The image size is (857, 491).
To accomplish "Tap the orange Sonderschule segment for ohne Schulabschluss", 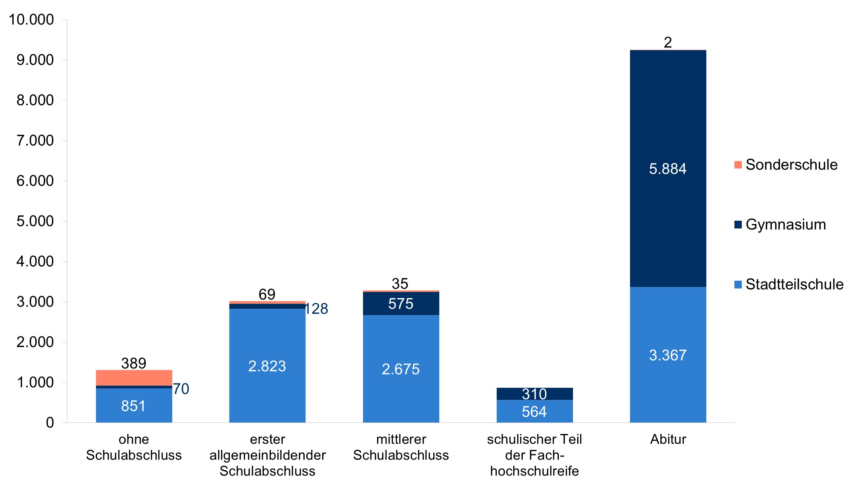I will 134,377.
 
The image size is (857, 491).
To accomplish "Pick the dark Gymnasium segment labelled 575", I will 401,304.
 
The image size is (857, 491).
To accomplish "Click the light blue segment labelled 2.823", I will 267,366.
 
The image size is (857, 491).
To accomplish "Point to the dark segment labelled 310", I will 534,394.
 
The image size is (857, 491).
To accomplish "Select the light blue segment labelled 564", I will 534,411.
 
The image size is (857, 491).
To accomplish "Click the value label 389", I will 134,363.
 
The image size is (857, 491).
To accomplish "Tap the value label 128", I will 317,309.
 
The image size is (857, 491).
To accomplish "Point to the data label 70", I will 181,389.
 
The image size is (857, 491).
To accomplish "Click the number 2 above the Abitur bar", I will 668,43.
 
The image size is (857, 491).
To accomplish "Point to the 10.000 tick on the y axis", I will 31,20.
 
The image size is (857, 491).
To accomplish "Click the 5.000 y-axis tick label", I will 35,221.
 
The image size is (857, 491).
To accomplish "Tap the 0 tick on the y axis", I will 50,422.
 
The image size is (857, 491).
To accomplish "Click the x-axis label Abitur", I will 668,439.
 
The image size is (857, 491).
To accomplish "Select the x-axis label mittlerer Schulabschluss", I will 401,447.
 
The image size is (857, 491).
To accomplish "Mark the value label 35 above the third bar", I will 400,284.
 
